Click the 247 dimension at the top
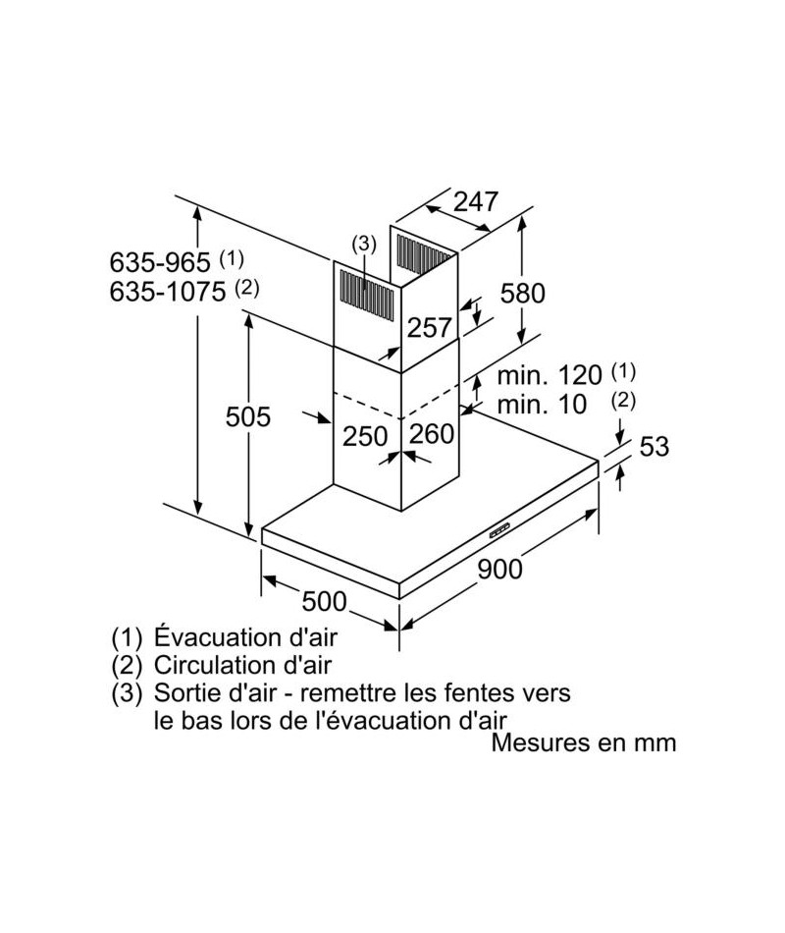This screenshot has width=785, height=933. click(476, 201)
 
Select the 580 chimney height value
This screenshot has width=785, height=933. click(523, 294)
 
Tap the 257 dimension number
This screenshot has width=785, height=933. click(430, 327)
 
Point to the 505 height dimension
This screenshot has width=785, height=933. click(248, 416)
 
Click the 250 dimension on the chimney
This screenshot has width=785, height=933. click(365, 437)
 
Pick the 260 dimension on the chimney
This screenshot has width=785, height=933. click(432, 434)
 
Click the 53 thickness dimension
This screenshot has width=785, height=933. click(654, 446)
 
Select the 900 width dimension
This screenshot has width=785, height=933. click(500, 570)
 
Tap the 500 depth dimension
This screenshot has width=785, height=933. click(324, 601)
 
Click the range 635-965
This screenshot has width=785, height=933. click(160, 262)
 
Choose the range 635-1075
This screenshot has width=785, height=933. click(168, 292)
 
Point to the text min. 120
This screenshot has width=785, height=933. click(549, 375)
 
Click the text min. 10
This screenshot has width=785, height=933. click(542, 405)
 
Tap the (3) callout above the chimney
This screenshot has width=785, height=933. click(364, 244)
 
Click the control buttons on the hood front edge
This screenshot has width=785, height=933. click(500, 530)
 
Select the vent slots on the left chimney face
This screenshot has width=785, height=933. click(366, 297)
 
